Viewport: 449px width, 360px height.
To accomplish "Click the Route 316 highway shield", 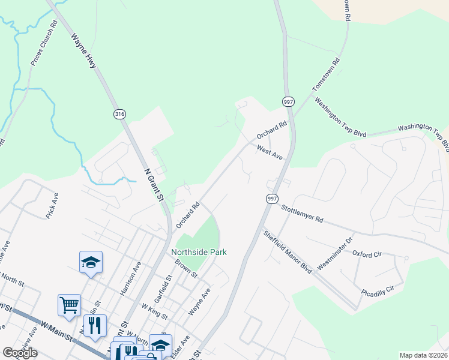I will (x=119, y=113).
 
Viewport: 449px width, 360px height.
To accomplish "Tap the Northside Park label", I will (x=199, y=253).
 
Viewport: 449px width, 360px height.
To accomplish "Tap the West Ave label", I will (x=270, y=152).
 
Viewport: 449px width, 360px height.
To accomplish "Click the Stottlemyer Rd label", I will (x=302, y=213).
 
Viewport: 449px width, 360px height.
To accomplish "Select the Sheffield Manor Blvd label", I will (x=288, y=252).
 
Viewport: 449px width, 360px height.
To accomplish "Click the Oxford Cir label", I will (x=367, y=254).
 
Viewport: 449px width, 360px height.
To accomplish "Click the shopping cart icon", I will (x=69, y=304).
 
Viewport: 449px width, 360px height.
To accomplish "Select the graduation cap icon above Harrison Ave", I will (x=91, y=262).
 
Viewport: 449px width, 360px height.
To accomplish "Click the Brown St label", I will (x=186, y=268).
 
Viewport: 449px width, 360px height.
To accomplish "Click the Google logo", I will (x=20, y=353).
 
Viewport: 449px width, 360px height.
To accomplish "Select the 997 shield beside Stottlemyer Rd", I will (x=272, y=199).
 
